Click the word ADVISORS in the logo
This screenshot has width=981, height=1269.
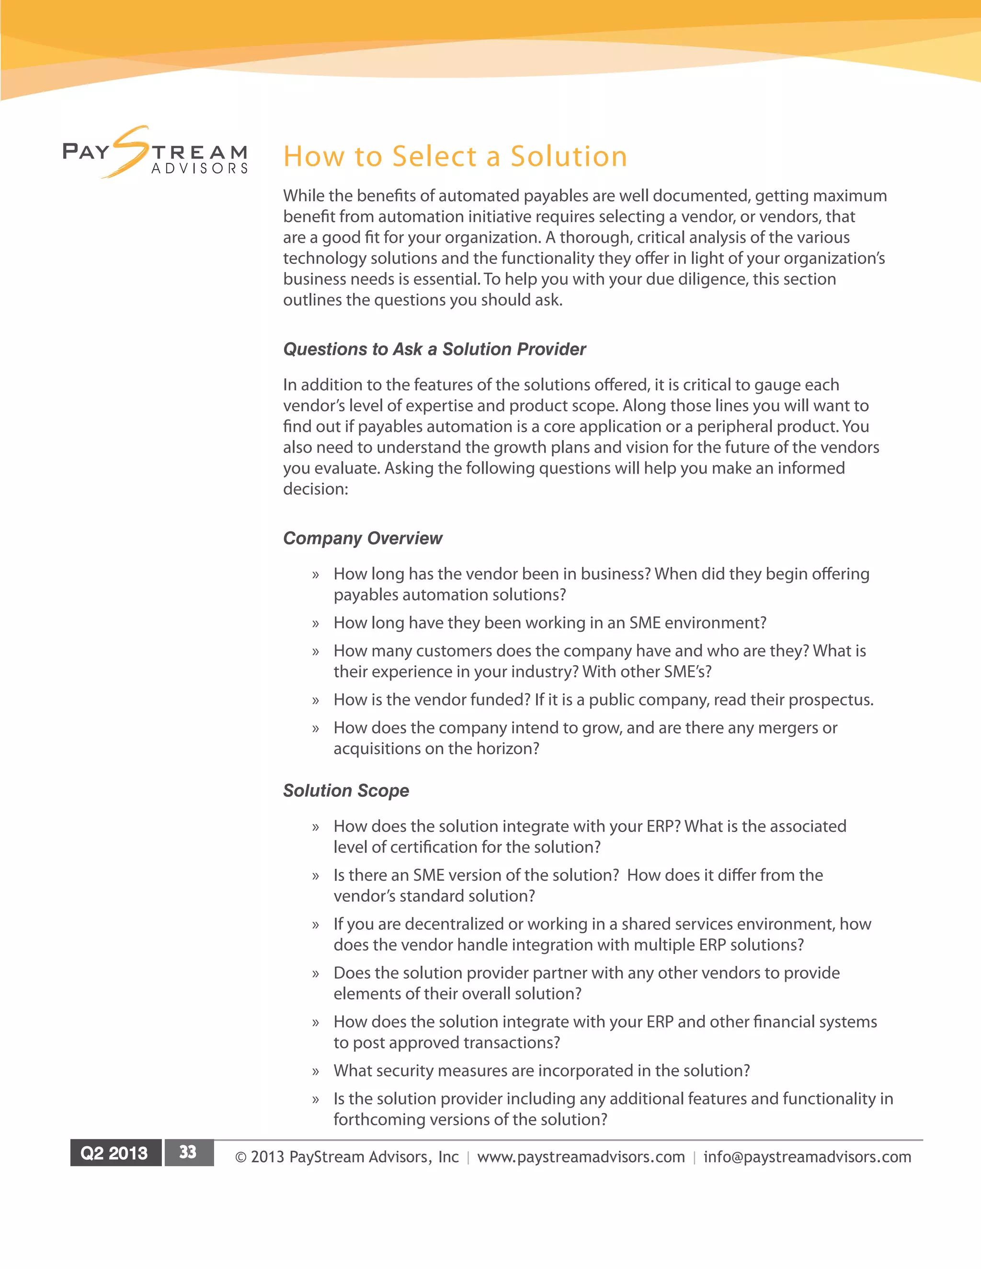[x=199, y=169]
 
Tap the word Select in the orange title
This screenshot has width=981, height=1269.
[x=434, y=157]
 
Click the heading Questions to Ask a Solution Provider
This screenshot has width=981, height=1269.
[x=434, y=349]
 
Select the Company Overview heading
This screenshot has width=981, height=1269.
[x=362, y=538]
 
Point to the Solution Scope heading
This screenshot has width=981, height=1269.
[x=346, y=790]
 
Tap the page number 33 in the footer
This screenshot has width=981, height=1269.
[x=188, y=1152]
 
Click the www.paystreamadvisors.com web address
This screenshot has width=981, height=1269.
[x=581, y=1157]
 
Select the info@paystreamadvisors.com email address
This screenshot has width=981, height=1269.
[x=807, y=1157]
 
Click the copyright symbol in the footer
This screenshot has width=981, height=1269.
[x=240, y=1157]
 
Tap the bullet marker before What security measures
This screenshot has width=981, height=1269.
[x=316, y=1071]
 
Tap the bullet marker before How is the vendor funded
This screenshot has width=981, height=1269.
[x=316, y=701]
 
